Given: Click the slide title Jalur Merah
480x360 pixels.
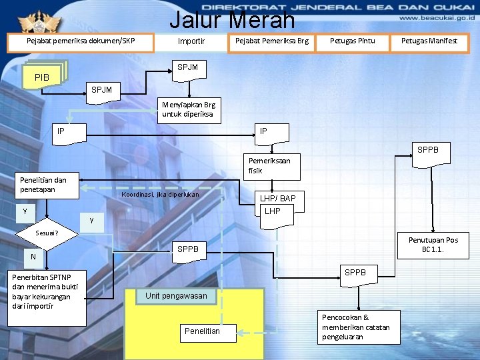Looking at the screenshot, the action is tap(232, 19).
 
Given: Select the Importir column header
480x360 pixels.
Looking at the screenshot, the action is tap(191, 42).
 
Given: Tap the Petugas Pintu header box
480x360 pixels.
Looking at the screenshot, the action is tap(353, 41).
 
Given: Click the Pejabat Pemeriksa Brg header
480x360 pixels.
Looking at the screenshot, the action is tap(271, 41).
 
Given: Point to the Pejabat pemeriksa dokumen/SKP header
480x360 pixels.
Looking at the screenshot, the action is tap(81, 41).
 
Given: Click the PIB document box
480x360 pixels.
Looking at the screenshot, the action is tap(43, 77).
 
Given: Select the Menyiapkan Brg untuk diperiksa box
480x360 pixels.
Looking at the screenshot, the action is tap(188, 109).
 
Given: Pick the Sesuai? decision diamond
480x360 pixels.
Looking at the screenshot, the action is tap(47, 233).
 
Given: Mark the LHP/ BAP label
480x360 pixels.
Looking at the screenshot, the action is tap(277, 199).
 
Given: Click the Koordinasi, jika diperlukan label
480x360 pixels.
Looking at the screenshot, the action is tap(159, 195).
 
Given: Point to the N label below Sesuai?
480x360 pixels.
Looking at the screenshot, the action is tap(33, 257).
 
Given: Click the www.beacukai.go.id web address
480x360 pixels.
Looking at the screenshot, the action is tap(436, 20).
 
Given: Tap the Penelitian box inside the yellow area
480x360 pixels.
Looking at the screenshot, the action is tap(202, 331).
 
